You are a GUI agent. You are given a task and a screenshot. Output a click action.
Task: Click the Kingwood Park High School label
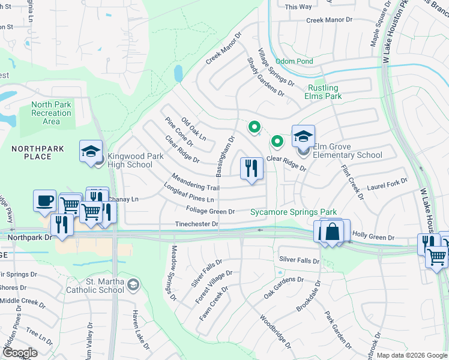pyautogui.click(x=131, y=160)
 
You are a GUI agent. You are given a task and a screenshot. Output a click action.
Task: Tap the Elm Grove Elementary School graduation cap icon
pyautogui.click(x=303, y=136)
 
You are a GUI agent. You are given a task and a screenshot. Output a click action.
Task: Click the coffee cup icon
pyautogui.click(x=44, y=200)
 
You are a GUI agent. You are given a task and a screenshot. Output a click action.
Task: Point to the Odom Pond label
pyautogui.click(x=294, y=61)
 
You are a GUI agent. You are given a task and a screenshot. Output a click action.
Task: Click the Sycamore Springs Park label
pyautogui.click(x=294, y=212)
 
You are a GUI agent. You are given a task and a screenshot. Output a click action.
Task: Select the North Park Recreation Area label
pyautogui.click(x=51, y=113)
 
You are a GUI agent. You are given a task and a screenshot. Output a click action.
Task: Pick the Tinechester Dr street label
pyautogui.click(x=196, y=224)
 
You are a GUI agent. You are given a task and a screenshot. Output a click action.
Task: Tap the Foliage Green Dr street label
pyautogui.click(x=210, y=211)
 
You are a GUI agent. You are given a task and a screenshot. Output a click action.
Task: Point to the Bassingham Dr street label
pyautogui.click(x=226, y=155)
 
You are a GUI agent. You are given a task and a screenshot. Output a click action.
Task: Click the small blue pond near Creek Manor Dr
pyautogui.click(x=178, y=73)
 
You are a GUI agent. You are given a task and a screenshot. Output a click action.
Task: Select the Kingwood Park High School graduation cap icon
pyautogui.click(x=91, y=151)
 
